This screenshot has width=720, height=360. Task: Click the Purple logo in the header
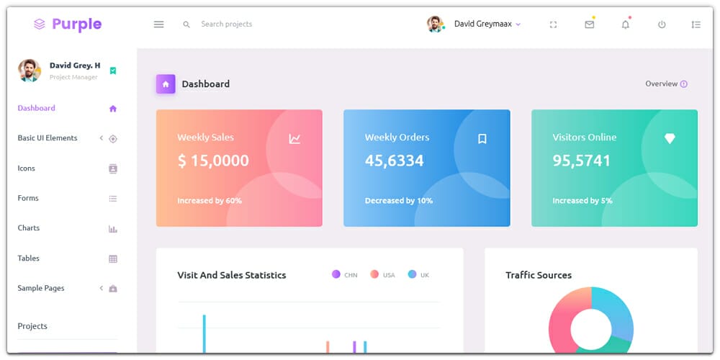(x=68, y=24)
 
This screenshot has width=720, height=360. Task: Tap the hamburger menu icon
(x=159, y=24)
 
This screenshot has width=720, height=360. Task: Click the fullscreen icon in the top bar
(x=553, y=24)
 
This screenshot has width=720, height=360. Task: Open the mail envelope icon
(x=590, y=24)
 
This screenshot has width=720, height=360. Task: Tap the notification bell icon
(x=625, y=24)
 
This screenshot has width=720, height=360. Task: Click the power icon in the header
(x=662, y=24)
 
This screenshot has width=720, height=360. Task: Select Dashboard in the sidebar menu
(x=37, y=109)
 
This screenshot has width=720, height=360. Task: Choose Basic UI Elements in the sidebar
(x=48, y=138)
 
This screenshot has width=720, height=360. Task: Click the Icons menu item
(x=27, y=168)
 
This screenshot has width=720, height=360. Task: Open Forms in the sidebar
(x=28, y=198)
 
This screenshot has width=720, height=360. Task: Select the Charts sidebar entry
(x=29, y=228)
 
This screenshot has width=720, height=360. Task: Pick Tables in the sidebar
(x=29, y=258)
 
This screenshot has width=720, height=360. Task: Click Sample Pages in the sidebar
(x=41, y=288)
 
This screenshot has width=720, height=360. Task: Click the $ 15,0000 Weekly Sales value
(x=213, y=161)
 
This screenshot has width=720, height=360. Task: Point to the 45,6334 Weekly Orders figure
(x=395, y=161)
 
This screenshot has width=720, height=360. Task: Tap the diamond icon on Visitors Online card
(x=670, y=139)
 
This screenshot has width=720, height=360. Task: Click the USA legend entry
(x=383, y=275)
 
